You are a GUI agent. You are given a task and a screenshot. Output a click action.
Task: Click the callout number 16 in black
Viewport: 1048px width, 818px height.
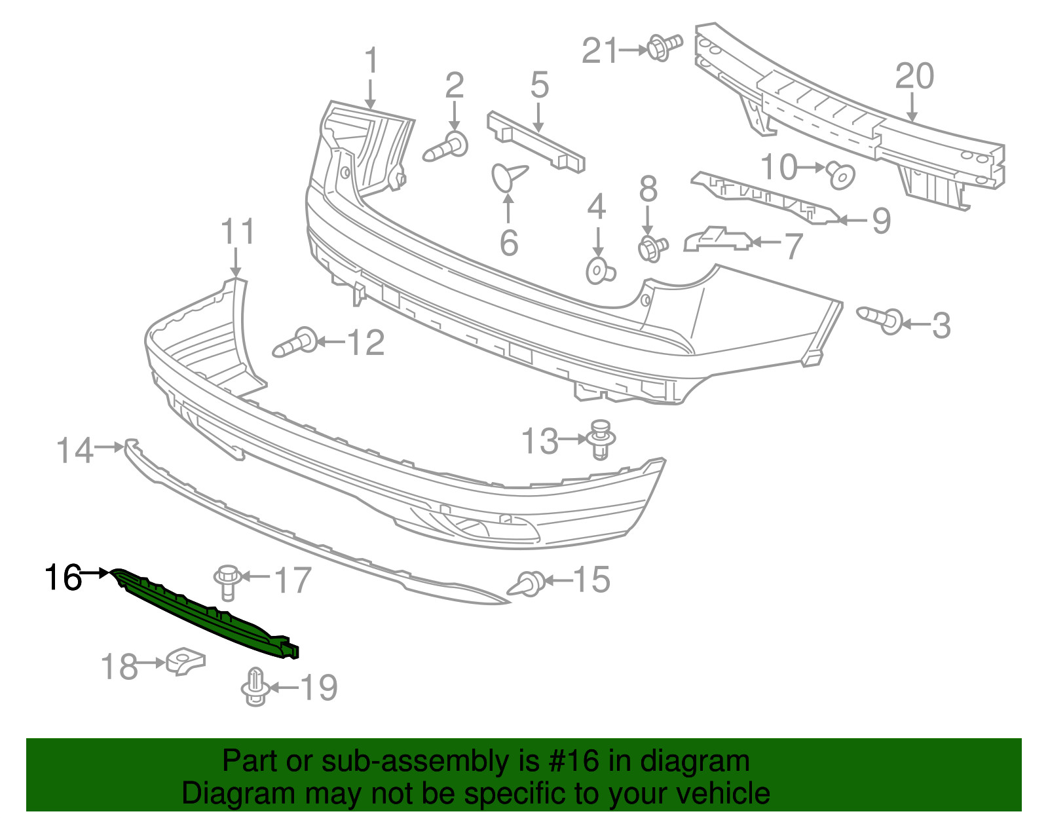pos(63,578)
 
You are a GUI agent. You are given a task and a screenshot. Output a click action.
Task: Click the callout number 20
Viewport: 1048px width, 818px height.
pos(914,76)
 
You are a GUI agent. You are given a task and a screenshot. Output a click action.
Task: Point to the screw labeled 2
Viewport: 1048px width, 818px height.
pos(445,146)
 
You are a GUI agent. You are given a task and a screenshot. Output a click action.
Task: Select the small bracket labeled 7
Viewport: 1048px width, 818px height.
pos(718,240)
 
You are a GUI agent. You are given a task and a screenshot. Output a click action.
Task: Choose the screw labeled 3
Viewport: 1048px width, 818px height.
pos(880,320)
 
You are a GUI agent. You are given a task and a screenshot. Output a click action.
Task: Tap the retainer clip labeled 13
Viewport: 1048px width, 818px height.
pos(600,441)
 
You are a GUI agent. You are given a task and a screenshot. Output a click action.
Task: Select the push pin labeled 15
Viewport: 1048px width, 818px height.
pos(526,584)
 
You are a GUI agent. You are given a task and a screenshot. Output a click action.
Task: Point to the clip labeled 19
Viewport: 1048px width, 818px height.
pos(255,686)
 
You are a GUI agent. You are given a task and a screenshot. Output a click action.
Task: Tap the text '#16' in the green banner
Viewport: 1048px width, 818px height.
pos(570,760)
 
